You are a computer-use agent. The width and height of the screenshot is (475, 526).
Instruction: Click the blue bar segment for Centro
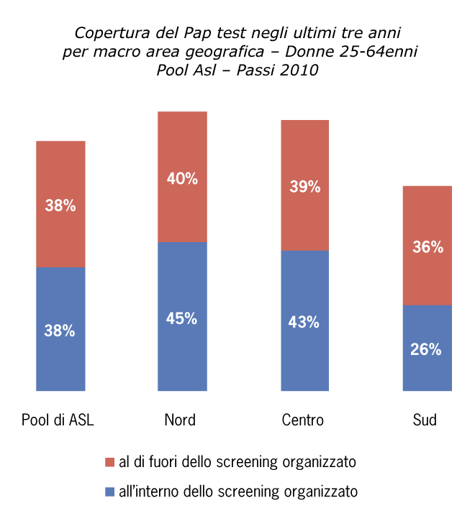pos(304,359)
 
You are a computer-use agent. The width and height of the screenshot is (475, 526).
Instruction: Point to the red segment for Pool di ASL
pos(60,172)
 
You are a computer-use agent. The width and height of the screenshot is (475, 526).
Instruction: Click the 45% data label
pos(182,318)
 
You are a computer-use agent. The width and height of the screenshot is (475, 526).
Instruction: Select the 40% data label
pos(182,179)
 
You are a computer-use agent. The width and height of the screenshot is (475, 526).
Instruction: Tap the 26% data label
pos(427,350)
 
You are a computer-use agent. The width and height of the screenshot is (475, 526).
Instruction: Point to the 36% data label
pos(427,247)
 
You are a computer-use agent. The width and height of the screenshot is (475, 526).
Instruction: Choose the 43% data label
pos(304,323)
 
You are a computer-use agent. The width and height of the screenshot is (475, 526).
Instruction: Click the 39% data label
pos(304,187)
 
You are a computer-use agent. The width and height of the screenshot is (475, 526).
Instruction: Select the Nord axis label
pos(180,420)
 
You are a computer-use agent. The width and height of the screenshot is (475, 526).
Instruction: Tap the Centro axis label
pos(303,420)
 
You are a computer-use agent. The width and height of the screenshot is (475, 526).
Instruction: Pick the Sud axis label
pos(425,420)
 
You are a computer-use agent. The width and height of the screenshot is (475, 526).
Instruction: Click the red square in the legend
pos(109,461)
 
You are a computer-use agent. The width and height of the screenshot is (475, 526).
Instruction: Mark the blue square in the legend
pos(109,492)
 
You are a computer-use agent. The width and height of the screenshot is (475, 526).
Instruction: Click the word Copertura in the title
pos(107,34)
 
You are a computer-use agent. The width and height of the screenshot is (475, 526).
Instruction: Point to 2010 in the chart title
pos(297,70)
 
